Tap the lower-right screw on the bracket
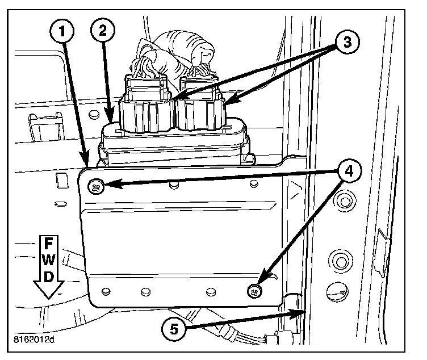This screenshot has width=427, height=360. coord(254,291)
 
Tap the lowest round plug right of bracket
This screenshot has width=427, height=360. coord(337,293)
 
